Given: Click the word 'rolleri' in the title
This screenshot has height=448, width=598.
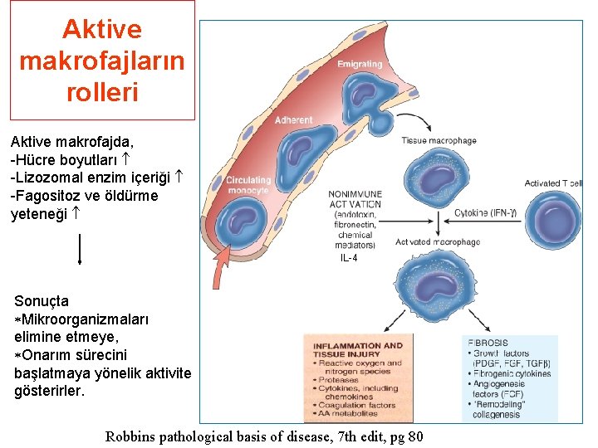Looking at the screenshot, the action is [x=101, y=91].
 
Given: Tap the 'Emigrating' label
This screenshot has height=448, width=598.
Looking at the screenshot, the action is [x=360, y=64].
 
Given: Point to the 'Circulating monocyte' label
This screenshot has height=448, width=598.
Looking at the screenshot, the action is [x=248, y=185].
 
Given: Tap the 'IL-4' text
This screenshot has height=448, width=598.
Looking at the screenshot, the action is [x=349, y=259].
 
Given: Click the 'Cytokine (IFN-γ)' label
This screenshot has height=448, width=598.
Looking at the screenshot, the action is [x=486, y=213].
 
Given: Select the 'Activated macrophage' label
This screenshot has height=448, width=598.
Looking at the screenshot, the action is [x=438, y=242].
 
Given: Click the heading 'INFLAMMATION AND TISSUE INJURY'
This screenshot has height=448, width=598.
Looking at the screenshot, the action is [x=357, y=350].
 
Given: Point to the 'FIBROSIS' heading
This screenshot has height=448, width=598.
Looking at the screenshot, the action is [x=488, y=343].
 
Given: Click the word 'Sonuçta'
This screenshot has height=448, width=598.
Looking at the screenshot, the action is [x=42, y=301].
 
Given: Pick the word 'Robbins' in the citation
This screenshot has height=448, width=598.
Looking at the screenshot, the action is [x=129, y=436].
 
